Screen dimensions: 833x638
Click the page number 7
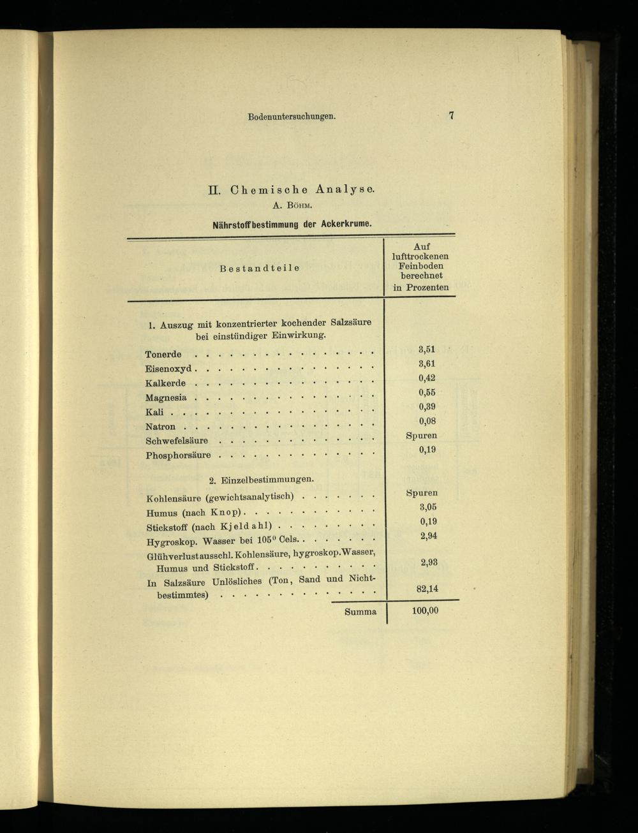click(x=451, y=115)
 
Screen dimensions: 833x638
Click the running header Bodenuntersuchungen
click(x=292, y=117)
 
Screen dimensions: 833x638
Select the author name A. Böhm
click(x=291, y=205)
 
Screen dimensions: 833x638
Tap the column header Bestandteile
click(x=259, y=268)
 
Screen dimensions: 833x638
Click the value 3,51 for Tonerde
click(x=427, y=349)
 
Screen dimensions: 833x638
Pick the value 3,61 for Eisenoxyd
click(x=427, y=364)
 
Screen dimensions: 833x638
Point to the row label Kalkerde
click(x=165, y=383)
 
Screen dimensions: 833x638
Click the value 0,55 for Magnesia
click(x=427, y=392)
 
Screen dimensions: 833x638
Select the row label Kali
click(x=154, y=412)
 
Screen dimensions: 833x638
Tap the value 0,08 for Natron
click(x=427, y=421)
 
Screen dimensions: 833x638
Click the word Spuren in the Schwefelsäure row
click(x=422, y=436)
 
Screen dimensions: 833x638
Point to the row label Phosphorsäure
click(x=178, y=455)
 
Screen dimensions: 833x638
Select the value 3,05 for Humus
click(x=427, y=507)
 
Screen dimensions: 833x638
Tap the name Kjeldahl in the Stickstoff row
click(x=246, y=526)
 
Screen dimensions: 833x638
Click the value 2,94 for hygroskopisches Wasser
click(x=428, y=536)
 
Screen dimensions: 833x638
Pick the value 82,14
click(x=427, y=589)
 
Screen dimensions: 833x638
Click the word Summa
click(x=360, y=612)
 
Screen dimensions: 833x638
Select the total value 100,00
click(x=425, y=610)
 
